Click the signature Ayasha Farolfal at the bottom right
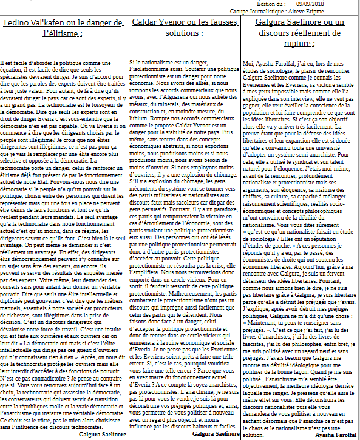point(336,435)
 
